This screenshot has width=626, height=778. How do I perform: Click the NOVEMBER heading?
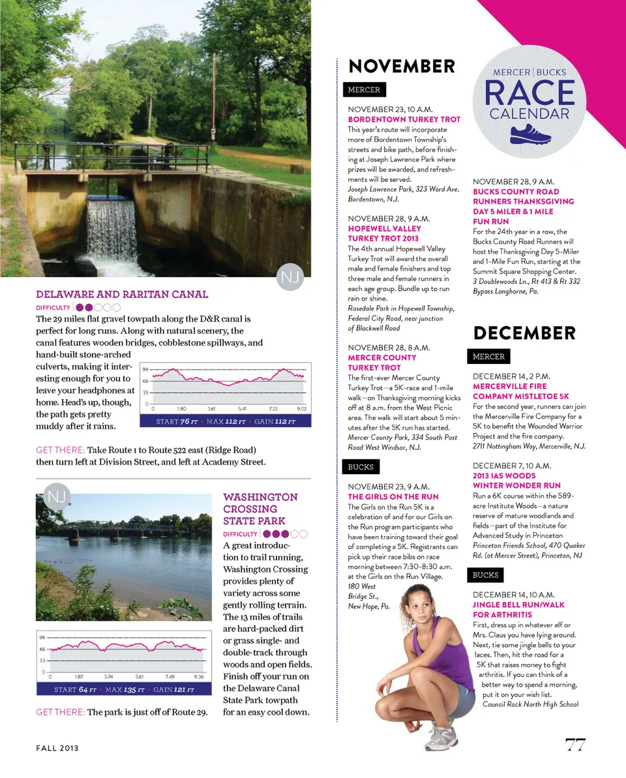pyautogui.click(x=402, y=66)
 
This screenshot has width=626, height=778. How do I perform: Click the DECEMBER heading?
pyautogui.click(x=524, y=333)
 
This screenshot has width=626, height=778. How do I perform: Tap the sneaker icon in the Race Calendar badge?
pyautogui.click(x=530, y=134)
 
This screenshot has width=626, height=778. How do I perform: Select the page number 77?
pyautogui.click(x=574, y=745)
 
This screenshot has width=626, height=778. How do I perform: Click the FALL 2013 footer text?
pyautogui.click(x=57, y=748)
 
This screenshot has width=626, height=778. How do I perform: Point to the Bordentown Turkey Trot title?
pyautogui.click(x=404, y=119)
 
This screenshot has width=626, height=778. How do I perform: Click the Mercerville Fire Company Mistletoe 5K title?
pyautogui.click(x=521, y=391)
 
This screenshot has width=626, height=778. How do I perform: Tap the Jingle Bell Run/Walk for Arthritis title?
pyautogui.click(x=518, y=610)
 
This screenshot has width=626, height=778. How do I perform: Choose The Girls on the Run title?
pyautogui.click(x=393, y=497)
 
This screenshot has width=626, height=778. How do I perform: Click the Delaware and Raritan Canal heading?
pyautogui.click(x=122, y=294)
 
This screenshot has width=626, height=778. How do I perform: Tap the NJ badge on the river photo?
pyautogui.click(x=56, y=498)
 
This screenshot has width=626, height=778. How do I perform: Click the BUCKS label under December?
pyautogui.click(x=486, y=575)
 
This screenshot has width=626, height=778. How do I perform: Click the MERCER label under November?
pyautogui.click(x=364, y=89)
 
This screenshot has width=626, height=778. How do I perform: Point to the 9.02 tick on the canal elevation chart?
pyautogui.click(x=301, y=408)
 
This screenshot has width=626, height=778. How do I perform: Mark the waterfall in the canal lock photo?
pyautogui.click(x=112, y=229)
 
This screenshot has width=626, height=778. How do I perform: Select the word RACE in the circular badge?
pyautogui.click(x=529, y=93)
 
